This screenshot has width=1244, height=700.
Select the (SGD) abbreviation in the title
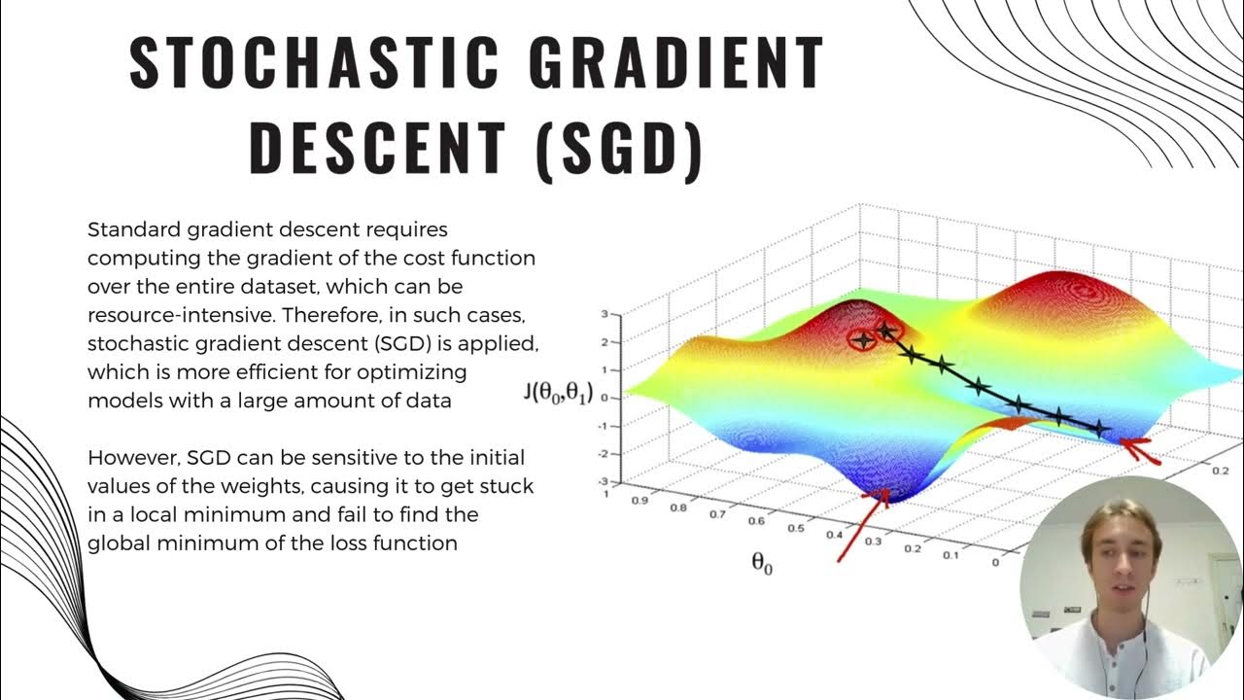618,148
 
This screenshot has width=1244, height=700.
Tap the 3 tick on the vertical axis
605,315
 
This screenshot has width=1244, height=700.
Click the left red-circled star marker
862,339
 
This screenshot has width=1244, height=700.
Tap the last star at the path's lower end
1099,428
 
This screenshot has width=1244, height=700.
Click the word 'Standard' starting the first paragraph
128,230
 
